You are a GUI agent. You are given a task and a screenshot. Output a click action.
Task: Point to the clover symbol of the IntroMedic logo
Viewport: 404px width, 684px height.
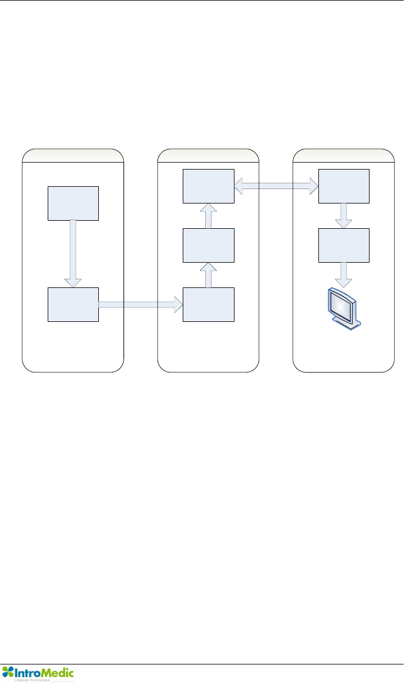[9, 671]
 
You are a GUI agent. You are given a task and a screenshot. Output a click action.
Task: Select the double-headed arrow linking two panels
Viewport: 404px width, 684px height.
[276, 186]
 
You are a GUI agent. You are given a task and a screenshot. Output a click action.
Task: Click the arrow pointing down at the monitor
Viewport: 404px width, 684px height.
[344, 274]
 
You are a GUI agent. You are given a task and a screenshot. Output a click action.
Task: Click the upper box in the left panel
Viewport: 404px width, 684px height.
[73, 203]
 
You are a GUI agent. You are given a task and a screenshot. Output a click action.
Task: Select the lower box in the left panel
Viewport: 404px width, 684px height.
[73, 305]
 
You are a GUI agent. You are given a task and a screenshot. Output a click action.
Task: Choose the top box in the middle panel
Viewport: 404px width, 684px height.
[209, 186]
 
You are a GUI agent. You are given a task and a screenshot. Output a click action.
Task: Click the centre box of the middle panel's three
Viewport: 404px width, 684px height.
[209, 245]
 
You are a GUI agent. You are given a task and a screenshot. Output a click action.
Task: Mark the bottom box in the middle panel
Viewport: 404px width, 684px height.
[209, 305]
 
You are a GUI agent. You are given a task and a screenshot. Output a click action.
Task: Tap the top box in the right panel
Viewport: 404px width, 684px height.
[344, 186]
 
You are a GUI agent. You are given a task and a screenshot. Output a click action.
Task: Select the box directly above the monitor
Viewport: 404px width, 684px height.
[344, 245]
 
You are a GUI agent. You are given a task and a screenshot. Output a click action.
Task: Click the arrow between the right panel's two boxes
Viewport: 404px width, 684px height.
[344, 216]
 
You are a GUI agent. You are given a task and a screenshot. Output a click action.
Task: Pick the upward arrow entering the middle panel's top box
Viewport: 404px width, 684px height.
[209, 216]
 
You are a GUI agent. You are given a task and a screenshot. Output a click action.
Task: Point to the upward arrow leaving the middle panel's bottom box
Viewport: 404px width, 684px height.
[209, 275]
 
